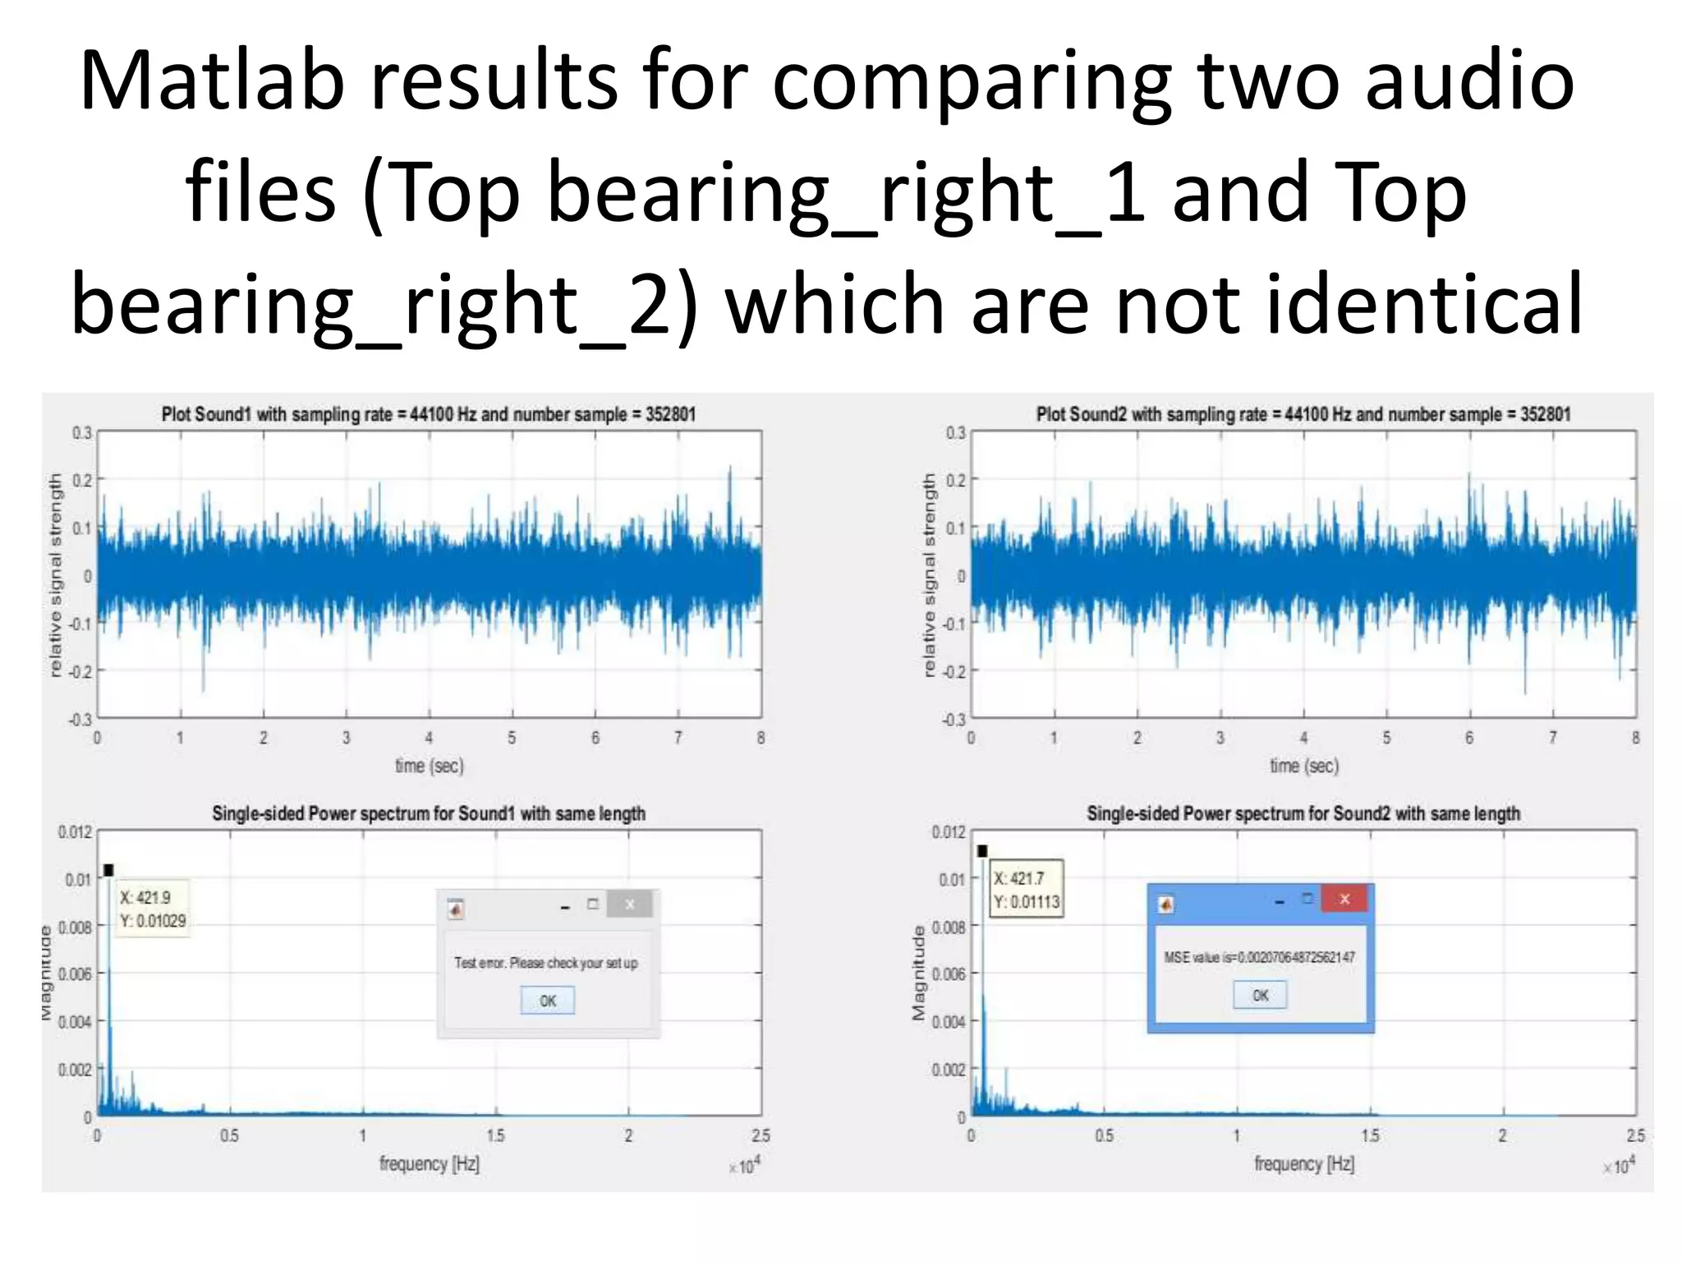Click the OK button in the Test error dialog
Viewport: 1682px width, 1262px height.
(x=547, y=1001)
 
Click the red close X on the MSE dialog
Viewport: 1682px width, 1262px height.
(x=1344, y=899)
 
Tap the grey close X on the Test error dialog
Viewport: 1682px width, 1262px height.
(x=629, y=905)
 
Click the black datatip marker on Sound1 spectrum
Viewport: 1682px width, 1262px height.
(x=108, y=870)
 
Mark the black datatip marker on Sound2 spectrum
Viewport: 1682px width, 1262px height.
(x=982, y=851)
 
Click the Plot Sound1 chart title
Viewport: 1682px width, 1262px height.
(x=428, y=414)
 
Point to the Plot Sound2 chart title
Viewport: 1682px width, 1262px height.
(x=1303, y=414)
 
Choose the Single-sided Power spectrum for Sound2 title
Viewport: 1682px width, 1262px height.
(x=1303, y=813)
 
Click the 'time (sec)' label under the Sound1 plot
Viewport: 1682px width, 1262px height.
(x=430, y=766)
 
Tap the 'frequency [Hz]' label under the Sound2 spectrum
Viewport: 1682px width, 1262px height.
(x=1304, y=1163)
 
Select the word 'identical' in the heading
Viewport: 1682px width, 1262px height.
(x=1424, y=304)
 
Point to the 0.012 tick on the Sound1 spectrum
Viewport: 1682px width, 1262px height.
(x=75, y=832)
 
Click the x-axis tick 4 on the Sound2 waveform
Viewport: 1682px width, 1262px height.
(x=1303, y=738)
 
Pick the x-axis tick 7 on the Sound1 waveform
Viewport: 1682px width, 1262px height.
(x=678, y=738)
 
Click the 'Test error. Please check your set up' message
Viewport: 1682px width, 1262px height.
(x=546, y=963)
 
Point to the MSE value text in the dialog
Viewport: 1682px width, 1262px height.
(x=1259, y=957)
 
